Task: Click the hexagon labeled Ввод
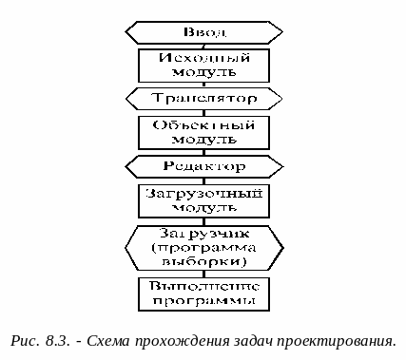203,31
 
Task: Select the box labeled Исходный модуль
203,65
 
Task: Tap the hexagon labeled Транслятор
203,98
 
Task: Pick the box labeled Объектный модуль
203,132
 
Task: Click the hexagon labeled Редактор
203,166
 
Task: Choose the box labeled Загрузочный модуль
203,200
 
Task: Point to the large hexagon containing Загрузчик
203,246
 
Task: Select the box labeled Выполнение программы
203,292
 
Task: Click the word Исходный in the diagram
203,57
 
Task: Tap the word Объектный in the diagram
203,124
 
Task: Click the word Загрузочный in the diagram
203,193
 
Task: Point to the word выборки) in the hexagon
203,260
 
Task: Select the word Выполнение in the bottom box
203,284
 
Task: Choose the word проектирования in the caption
338,339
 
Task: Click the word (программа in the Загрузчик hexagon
203,246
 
